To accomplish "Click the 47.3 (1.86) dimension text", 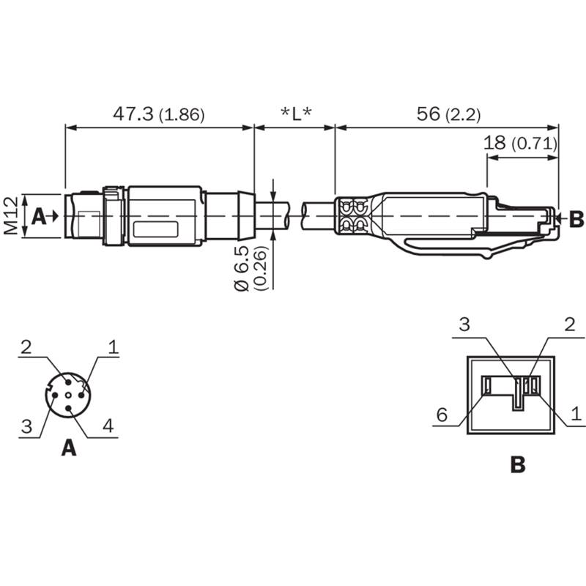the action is pos(159,114).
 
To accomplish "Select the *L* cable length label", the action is pos(296,114).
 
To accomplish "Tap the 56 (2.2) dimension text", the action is pos(448,114).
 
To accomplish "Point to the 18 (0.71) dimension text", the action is pos(520,143).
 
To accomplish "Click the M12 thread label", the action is pos(11,216).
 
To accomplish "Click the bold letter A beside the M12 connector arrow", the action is pos(39,216).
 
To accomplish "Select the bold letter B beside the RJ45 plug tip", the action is pos(576,219).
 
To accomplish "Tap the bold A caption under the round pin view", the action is pos(69,448).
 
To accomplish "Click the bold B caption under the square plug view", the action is pos(518,464).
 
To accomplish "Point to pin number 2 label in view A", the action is pos(26,347).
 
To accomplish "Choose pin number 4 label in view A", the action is pos(108,426).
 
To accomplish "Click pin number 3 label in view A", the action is pos(26,426).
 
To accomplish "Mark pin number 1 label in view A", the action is pos(114,346).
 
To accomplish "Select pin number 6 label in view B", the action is pos(442,415).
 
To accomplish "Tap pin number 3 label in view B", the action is pos(464,324).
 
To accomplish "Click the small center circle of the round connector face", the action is pos(68,396).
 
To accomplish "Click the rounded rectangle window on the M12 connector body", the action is pos(155,229).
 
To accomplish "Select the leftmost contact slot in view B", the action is pos(487,385).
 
